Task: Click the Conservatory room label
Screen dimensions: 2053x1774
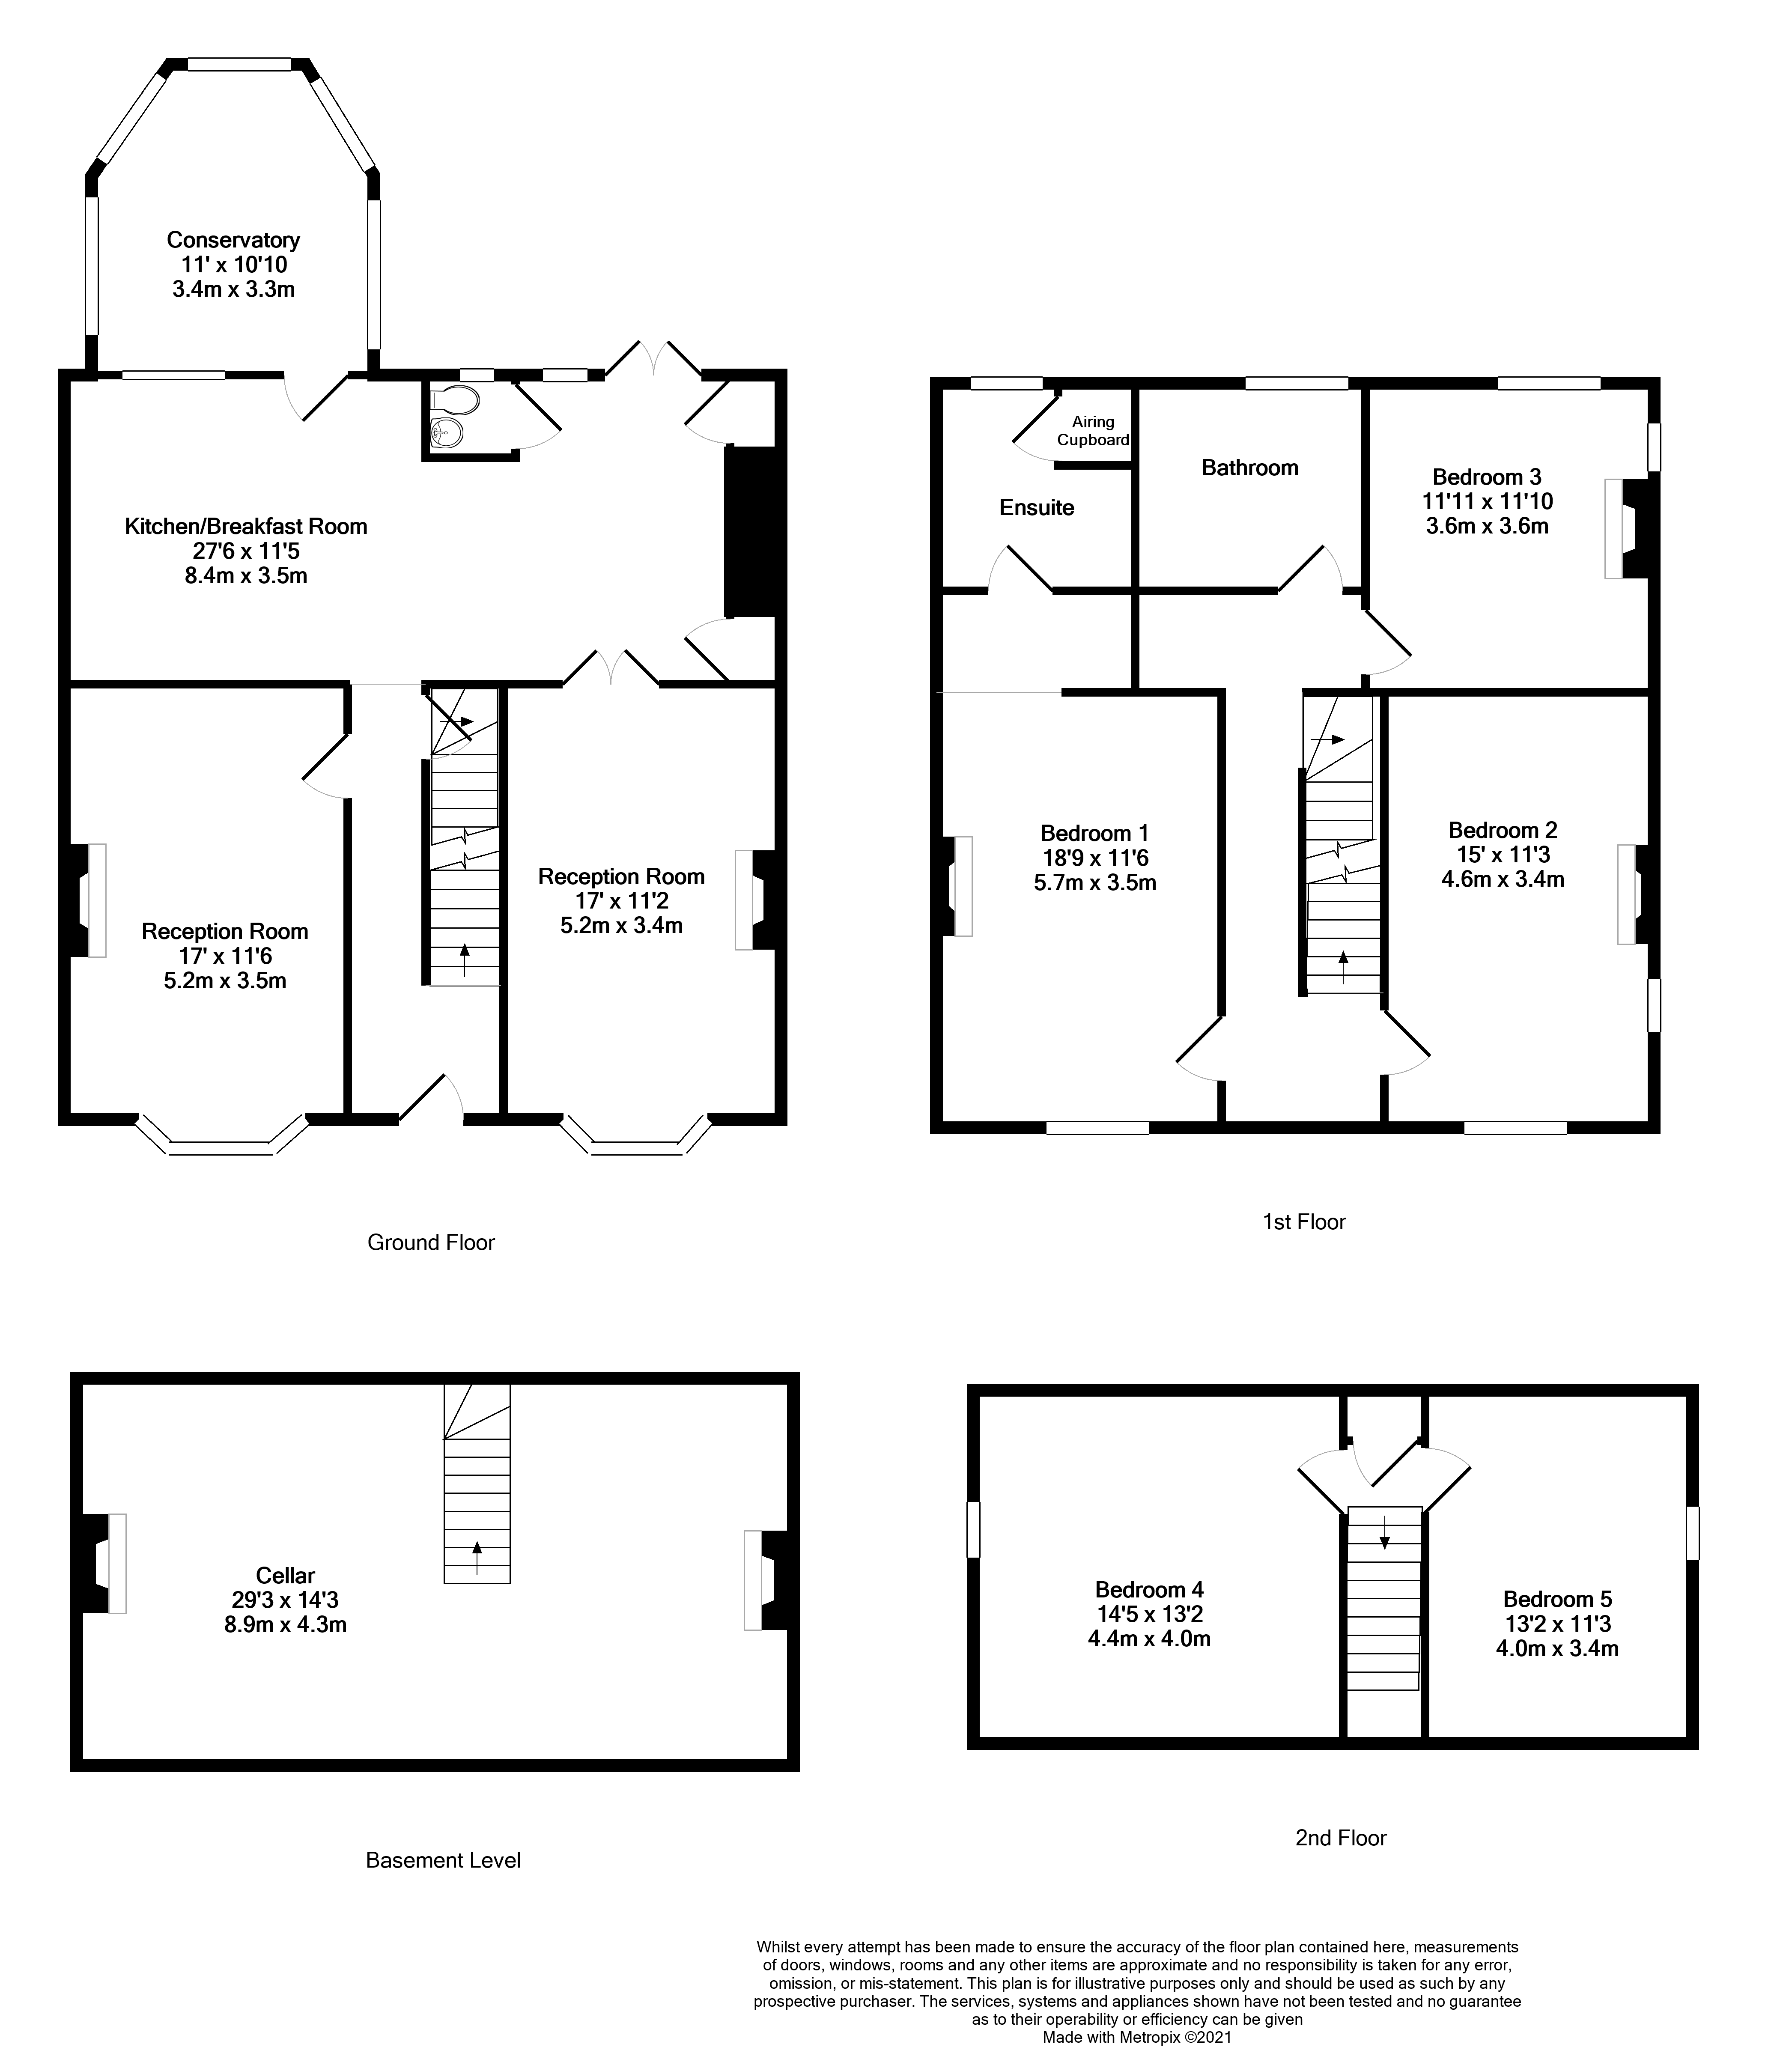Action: point(233,240)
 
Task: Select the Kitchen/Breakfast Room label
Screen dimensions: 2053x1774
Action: point(246,526)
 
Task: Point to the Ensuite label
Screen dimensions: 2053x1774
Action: point(1036,507)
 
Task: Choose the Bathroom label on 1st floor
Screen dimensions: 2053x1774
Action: point(1249,468)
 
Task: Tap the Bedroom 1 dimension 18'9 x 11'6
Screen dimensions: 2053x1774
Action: point(1094,858)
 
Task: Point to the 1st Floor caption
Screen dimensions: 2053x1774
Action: point(1303,1222)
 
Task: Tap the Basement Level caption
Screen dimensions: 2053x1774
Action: point(443,1860)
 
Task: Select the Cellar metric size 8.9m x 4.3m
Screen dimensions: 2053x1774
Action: point(286,1624)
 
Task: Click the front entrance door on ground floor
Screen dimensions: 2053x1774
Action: point(432,1100)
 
